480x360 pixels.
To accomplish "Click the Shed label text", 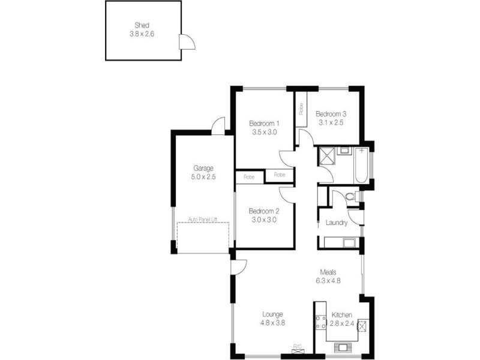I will pyautogui.click(x=142, y=25).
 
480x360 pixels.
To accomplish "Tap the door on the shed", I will pyautogui.click(x=187, y=43).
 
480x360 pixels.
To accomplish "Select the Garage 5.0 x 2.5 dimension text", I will pyautogui.click(x=203, y=177).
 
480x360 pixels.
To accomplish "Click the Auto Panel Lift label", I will pyautogui.click(x=203, y=219).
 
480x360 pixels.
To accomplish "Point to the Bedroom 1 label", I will pyautogui.click(x=264, y=124).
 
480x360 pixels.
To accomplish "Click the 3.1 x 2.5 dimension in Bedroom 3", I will pyautogui.click(x=331, y=122).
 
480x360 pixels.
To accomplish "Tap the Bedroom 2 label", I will pyautogui.click(x=264, y=211).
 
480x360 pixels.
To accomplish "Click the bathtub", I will pyautogui.click(x=362, y=166).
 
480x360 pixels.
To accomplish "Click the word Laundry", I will pyautogui.click(x=337, y=223).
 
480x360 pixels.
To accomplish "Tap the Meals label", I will pyautogui.click(x=328, y=271).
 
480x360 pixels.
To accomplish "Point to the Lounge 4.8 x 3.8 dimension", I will pyautogui.click(x=272, y=322).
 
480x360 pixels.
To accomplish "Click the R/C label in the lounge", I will pyautogui.click(x=297, y=346).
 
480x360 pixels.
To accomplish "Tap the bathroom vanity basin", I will pyautogui.click(x=343, y=150).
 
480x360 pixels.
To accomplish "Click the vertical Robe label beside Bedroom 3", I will pyautogui.click(x=301, y=109).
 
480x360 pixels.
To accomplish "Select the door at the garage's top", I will pyautogui.click(x=217, y=126).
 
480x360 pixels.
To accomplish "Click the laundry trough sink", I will pyautogui.click(x=346, y=242).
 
